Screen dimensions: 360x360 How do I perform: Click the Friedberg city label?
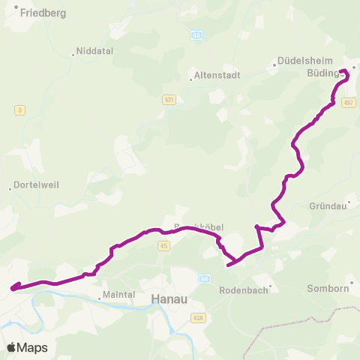(44, 13)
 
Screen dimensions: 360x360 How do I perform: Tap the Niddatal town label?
(92, 53)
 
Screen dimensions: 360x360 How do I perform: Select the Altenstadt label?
(215, 75)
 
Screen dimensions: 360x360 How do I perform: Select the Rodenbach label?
(243, 290)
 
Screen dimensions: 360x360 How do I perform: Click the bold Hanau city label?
(169, 298)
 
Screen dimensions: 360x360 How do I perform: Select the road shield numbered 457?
(348, 102)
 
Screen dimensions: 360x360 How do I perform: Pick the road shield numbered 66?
(204, 278)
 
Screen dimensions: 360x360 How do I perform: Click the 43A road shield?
(198, 318)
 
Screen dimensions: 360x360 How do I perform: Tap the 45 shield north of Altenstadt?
(196, 34)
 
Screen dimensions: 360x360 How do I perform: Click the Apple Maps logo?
(27, 347)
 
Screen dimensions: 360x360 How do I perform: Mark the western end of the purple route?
(12, 286)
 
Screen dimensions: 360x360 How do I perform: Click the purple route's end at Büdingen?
(343, 72)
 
